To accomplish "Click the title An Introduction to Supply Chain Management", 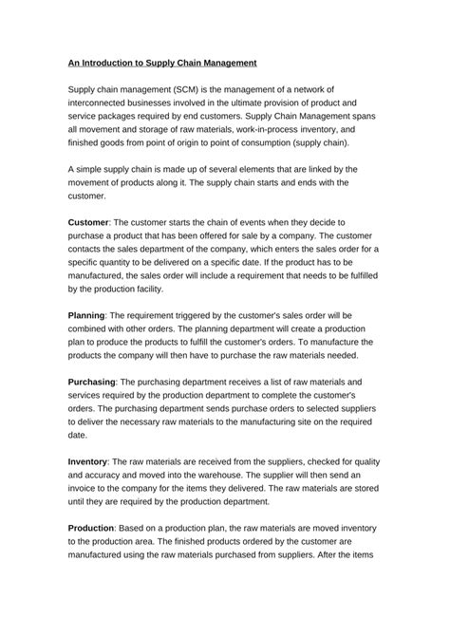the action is (162, 63).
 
